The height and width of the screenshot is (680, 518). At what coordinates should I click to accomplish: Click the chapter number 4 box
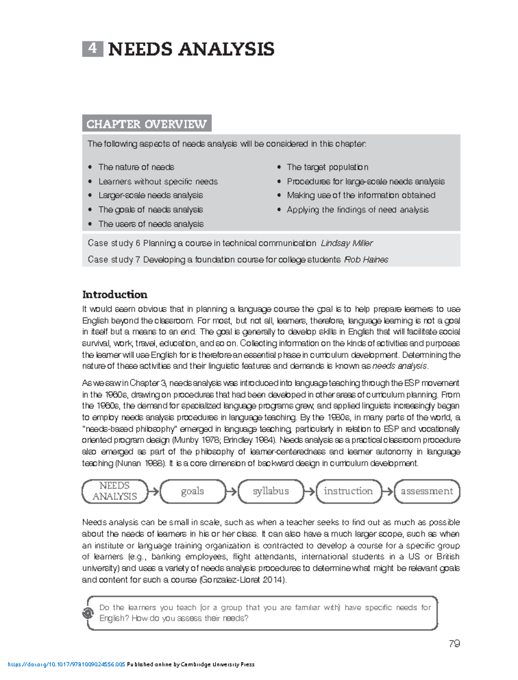(x=92, y=49)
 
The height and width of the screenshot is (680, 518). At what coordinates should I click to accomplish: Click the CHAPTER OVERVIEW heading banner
(x=146, y=124)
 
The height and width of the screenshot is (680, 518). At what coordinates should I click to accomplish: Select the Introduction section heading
(x=114, y=294)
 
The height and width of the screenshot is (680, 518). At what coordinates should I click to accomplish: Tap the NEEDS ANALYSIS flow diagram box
(x=114, y=491)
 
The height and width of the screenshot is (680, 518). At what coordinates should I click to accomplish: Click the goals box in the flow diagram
(x=193, y=491)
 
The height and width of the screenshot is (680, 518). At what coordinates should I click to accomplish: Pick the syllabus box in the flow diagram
(x=271, y=491)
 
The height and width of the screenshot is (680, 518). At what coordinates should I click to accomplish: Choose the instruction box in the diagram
(x=348, y=491)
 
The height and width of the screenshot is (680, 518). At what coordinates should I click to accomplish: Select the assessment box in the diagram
(x=427, y=491)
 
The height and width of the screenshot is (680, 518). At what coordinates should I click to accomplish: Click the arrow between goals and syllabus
(x=232, y=491)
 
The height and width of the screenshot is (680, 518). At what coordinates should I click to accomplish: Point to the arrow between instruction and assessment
(x=388, y=491)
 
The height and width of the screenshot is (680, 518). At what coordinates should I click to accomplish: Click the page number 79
(x=454, y=644)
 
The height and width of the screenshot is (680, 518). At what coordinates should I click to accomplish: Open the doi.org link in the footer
(x=66, y=664)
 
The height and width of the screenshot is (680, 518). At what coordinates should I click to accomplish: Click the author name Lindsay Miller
(x=347, y=243)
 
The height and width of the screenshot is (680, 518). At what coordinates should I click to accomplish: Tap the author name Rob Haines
(x=366, y=259)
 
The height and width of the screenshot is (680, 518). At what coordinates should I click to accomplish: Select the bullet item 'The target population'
(x=327, y=167)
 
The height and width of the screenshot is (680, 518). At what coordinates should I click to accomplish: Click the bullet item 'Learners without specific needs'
(x=158, y=181)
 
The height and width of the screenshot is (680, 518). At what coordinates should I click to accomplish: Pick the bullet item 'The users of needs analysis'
(x=151, y=224)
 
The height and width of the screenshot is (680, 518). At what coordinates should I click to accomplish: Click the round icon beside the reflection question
(x=88, y=613)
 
